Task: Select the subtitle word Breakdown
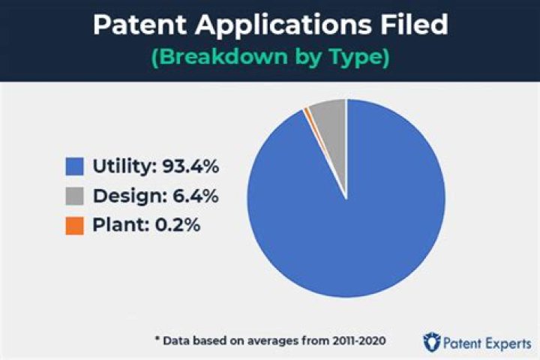[217, 58]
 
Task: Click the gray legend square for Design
[74, 196]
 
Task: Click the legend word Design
[124, 196]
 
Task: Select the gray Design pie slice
[330, 127]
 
